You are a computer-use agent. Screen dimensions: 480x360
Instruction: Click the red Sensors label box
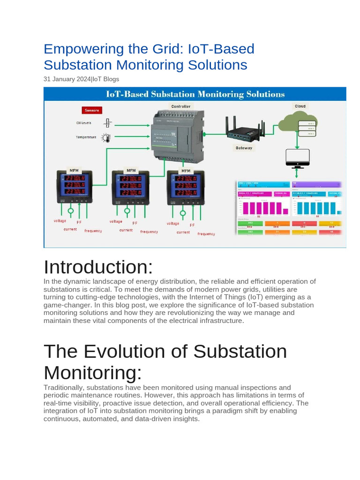coord(91,111)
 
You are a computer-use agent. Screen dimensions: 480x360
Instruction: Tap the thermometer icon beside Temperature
coord(107,138)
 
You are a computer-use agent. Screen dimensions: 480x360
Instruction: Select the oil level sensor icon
coord(108,123)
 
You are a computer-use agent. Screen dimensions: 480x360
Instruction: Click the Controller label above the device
coord(180,106)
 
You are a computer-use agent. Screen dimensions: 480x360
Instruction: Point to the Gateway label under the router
coord(244,148)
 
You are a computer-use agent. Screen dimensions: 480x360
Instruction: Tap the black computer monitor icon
coord(297,158)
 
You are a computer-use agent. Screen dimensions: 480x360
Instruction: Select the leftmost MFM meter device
coord(75,187)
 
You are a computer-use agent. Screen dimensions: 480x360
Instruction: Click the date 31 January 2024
coord(67,79)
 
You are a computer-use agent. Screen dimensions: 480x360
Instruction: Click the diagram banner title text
coord(195,94)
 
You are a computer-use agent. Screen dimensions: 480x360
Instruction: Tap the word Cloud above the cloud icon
coord(300,106)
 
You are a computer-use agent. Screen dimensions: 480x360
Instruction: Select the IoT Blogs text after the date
coord(105,79)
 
